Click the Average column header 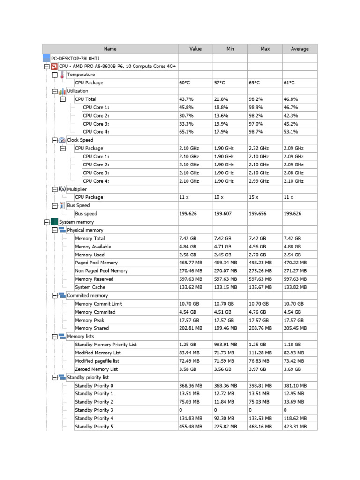[x=300, y=49]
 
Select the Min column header [x=230, y=49]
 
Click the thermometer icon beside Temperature [x=62, y=75]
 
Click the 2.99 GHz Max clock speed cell [x=259, y=181]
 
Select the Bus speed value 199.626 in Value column [x=189, y=214]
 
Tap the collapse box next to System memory [x=46, y=222]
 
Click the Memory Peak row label [x=90, y=320]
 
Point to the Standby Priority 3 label [x=94, y=410]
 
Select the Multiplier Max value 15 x [x=254, y=197]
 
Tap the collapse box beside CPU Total [x=62, y=99]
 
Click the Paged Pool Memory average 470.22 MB [x=295, y=263]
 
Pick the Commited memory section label [x=87, y=296]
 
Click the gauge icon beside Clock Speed [x=62, y=140]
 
